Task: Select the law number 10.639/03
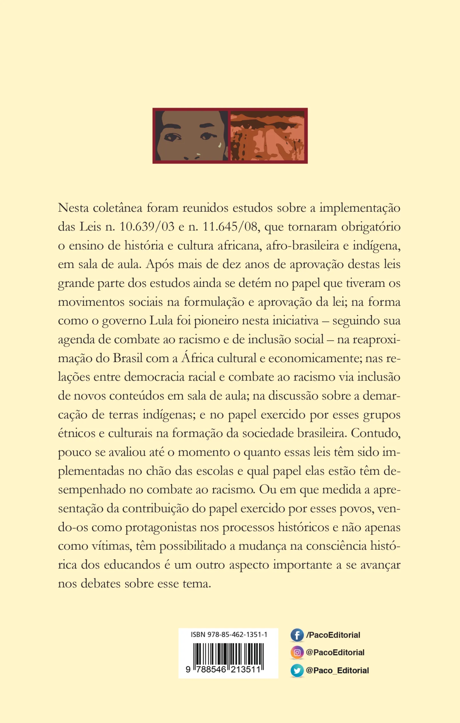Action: click(147, 227)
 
